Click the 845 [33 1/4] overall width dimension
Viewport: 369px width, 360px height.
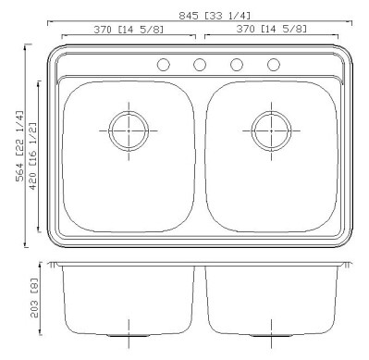pos(215,16)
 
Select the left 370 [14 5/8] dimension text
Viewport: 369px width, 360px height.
pos(129,30)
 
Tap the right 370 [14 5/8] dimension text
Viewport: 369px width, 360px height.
pos(272,29)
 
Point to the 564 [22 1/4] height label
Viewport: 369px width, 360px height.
pos(19,146)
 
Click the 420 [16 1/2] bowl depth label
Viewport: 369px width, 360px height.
pos(32,156)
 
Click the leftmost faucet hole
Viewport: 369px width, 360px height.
pos(163,65)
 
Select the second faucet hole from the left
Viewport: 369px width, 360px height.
pos(200,65)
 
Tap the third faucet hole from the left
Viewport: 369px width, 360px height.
pos(237,65)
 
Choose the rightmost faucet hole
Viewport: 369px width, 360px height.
pos(274,65)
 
